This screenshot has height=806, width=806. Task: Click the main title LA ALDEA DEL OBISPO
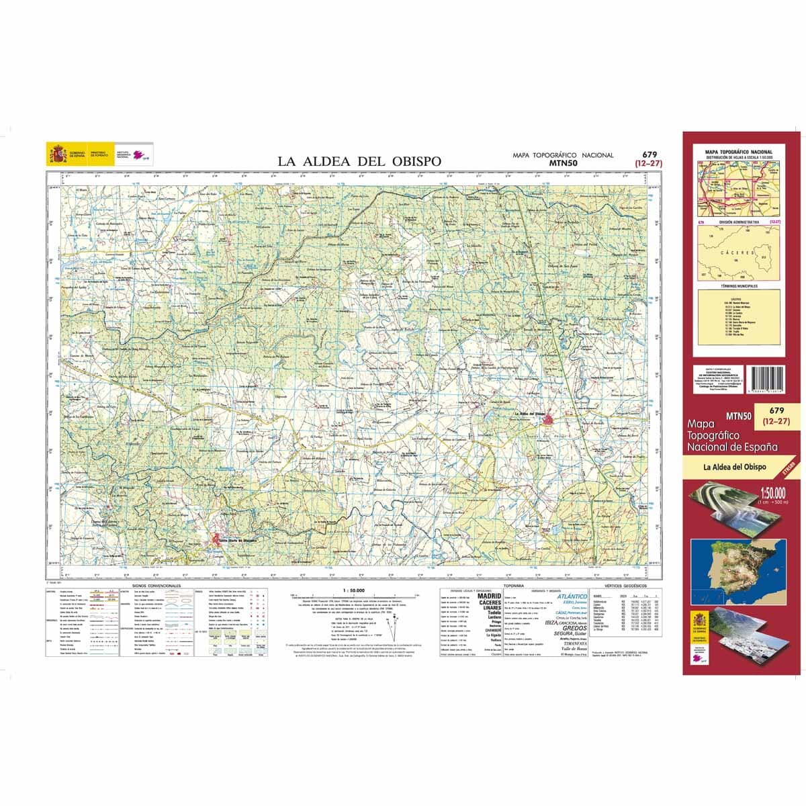click(x=360, y=161)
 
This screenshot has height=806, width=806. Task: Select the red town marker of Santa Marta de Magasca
click(x=216, y=539)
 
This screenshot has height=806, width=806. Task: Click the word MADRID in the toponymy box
click(x=489, y=596)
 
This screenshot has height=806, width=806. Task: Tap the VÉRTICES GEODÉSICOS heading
click(x=623, y=586)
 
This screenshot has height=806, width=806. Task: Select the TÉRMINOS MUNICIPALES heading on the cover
click(x=738, y=285)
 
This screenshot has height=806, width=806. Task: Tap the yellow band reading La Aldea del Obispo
click(x=733, y=467)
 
